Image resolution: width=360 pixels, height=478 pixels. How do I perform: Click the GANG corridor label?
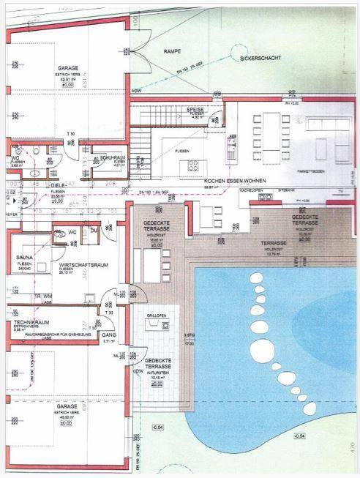pos(110,333)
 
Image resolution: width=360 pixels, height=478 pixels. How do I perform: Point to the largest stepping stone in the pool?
pos(258,279)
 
